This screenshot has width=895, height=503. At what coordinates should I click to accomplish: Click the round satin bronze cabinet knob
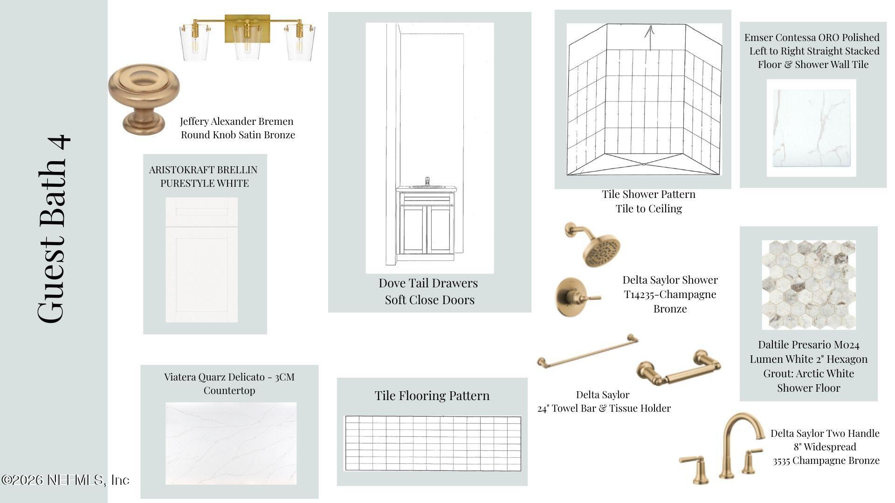[x=144, y=98]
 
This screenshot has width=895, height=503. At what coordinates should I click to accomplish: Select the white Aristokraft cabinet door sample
[x=201, y=259]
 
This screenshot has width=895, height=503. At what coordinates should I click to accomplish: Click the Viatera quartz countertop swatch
[x=231, y=443]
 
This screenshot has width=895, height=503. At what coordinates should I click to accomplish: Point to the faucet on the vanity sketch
[x=427, y=182]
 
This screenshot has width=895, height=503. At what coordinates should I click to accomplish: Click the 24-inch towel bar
[x=588, y=351]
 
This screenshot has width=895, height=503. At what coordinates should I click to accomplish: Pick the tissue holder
[x=679, y=369]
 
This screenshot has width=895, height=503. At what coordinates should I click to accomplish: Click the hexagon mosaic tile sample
[x=808, y=285]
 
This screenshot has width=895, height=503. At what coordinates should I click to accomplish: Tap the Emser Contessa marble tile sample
[x=812, y=128]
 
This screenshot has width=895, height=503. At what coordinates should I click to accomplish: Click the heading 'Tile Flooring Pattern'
[x=432, y=395]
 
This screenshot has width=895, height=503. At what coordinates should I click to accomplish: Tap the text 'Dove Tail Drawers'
[x=428, y=283]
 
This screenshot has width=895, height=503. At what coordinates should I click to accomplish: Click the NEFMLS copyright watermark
[x=65, y=480]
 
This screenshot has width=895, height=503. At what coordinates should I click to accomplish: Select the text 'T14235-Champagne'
[x=670, y=294]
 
